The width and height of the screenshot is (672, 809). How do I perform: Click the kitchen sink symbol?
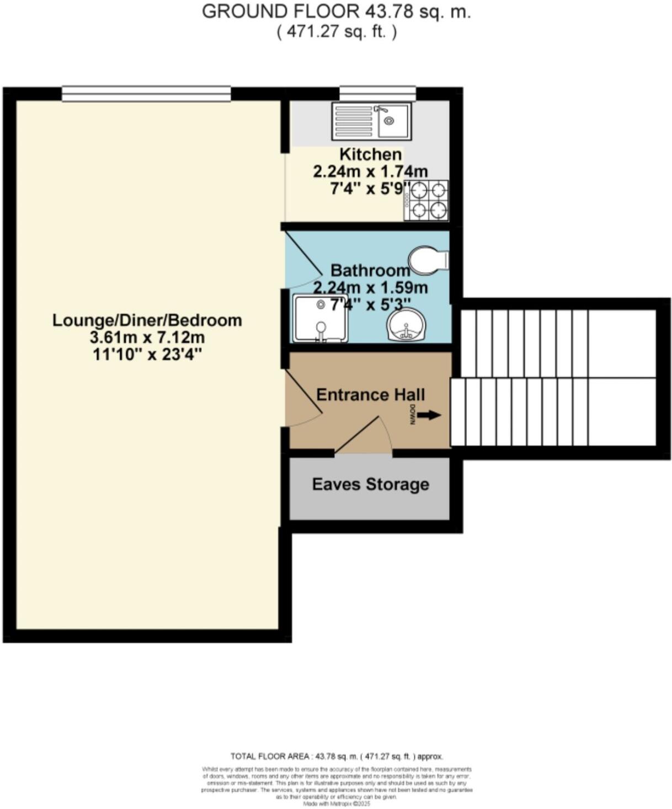point(371,121)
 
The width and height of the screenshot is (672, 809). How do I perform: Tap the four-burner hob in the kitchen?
point(426,201)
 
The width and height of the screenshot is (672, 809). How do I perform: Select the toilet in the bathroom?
point(429,259)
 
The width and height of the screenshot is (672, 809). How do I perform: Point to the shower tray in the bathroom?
point(320,318)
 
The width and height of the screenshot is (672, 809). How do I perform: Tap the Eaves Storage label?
point(370,484)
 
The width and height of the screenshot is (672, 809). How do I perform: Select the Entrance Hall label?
point(370,395)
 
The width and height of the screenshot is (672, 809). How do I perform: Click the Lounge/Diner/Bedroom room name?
point(147,320)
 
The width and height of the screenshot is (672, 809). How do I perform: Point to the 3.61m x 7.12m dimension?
point(147,337)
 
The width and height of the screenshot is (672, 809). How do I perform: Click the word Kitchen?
point(370,154)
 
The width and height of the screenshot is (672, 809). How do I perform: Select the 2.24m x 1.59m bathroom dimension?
point(370,287)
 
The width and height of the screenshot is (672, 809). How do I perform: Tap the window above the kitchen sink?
point(377,93)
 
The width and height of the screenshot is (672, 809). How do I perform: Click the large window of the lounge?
point(146,94)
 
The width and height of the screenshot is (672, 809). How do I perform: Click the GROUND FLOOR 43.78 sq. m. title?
point(336,12)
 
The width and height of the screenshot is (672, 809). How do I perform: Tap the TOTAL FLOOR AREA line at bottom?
point(336,756)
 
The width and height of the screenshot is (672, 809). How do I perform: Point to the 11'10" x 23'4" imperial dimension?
point(147,353)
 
